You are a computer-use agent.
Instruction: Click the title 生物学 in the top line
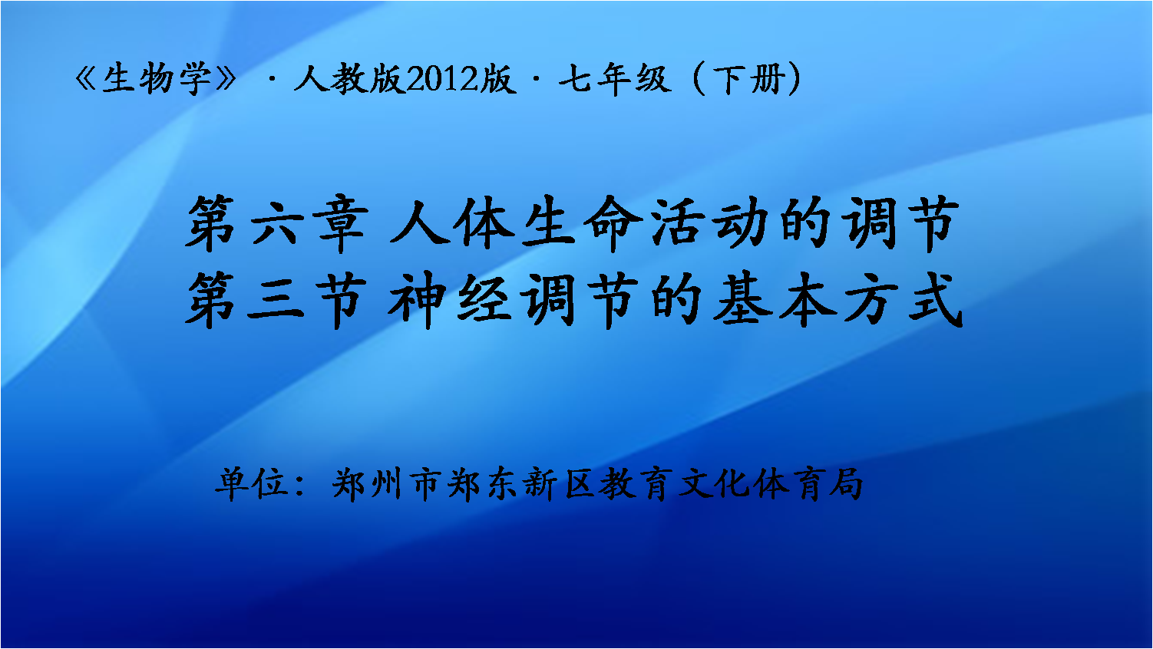tap(157, 78)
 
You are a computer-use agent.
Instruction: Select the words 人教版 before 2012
tap(349, 78)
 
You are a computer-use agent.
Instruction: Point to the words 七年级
tap(615, 79)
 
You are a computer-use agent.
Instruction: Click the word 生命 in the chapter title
tap(582, 224)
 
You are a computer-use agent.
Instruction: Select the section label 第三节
tap(276, 300)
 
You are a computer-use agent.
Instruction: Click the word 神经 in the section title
tap(451, 300)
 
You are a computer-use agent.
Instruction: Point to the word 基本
tap(775, 300)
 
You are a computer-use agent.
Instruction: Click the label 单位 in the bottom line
tap(251, 484)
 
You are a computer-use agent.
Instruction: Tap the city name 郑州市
tap(385, 484)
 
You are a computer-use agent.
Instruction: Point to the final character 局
tap(846, 484)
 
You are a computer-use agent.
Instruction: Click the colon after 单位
tap(301, 486)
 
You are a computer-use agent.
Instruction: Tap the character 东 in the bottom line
tap(503, 484)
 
